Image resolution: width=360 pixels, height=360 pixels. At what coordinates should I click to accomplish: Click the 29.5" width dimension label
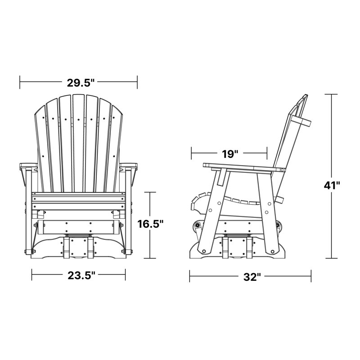(x=81, y=83)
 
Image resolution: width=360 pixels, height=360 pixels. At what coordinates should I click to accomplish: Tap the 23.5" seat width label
(x=81, y=275)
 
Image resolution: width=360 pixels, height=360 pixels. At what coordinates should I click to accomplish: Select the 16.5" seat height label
(x=150, y=224)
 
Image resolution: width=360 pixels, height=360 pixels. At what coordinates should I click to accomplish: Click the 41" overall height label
(x=332, y=185)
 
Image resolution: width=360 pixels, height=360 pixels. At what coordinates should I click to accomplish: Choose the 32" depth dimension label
(x=252, y=277)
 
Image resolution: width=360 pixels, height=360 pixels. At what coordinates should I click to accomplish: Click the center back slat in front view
(x=79, y=143)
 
